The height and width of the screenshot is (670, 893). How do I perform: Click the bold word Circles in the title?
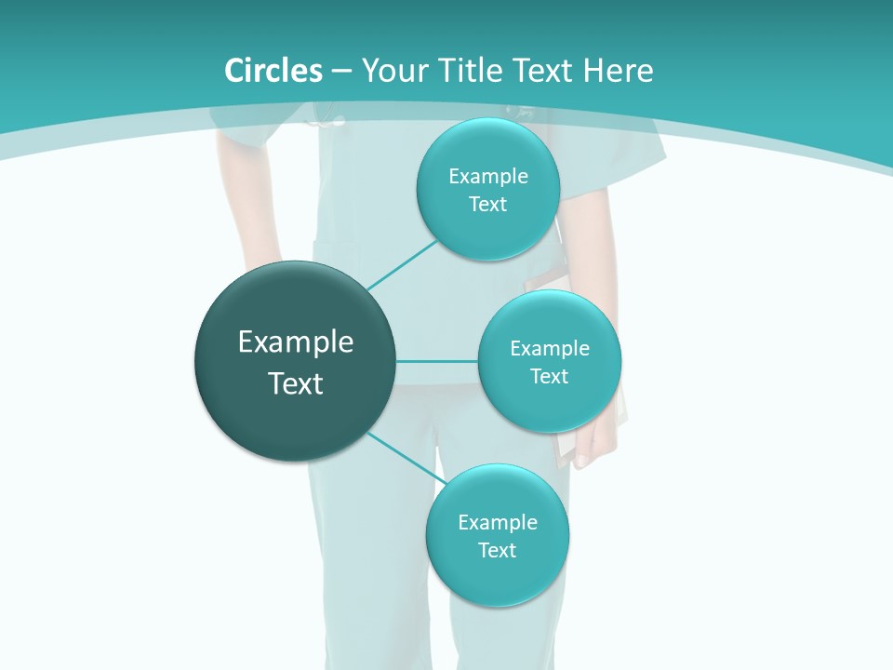point(273,71)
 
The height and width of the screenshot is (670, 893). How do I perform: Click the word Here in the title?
point(618,71)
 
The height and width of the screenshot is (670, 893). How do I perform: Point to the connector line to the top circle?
point(402,266)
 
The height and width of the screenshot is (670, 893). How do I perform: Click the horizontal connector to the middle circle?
point(436,361)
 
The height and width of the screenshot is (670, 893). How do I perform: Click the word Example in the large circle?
point(296,342)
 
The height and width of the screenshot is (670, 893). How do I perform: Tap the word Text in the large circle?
point(296,383)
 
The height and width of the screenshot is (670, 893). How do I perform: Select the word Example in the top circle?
point(487,177)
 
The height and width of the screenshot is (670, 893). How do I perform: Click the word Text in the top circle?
point(487,205)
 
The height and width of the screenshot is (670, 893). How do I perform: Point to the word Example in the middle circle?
point(549,349)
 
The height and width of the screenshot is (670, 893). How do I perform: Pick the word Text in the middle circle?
point(549,377)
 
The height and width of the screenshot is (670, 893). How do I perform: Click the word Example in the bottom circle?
point(497,523)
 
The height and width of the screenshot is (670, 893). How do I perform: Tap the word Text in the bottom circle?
point(497,551)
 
